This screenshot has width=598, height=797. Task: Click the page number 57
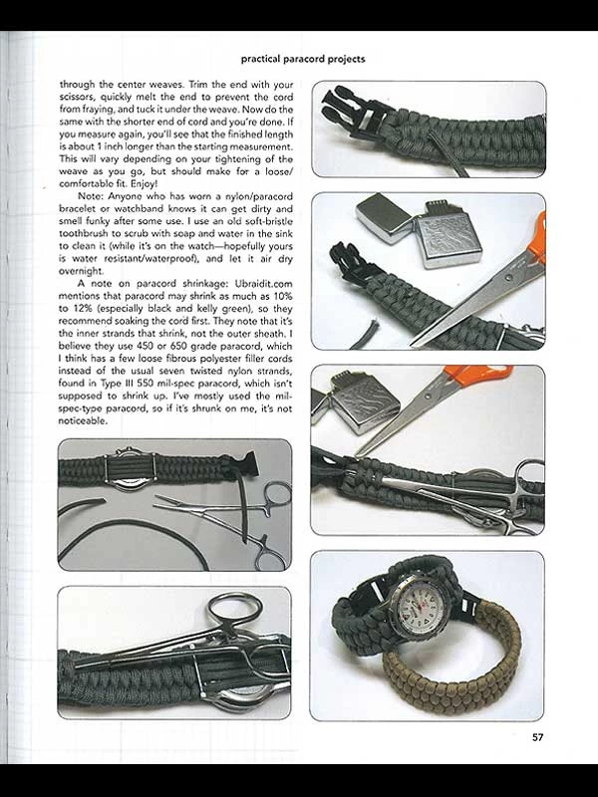pos(536,738)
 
